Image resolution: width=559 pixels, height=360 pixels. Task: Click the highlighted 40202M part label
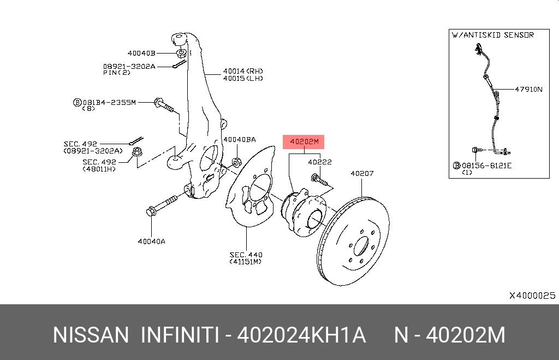(303, 142)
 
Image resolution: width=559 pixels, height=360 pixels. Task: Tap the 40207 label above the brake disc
(362, 174)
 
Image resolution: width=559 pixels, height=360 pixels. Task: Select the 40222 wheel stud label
(319, 162)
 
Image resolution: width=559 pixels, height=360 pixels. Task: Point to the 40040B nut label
(141, 53)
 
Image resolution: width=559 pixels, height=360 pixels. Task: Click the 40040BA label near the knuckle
(239, 139)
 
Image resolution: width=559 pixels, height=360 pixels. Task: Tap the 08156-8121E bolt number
(486, 165)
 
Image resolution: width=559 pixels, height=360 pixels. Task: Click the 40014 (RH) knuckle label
(242, 71)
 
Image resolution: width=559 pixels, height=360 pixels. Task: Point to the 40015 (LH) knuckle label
(242, 78)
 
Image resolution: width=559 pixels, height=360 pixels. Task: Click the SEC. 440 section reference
(246, 254)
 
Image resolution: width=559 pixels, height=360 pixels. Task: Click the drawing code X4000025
(532, 296)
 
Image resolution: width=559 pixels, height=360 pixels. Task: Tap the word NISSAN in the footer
(91, 335)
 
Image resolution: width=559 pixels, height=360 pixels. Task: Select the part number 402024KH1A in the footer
(301, 335)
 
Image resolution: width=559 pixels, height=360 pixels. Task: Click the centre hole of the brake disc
(361, 246)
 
